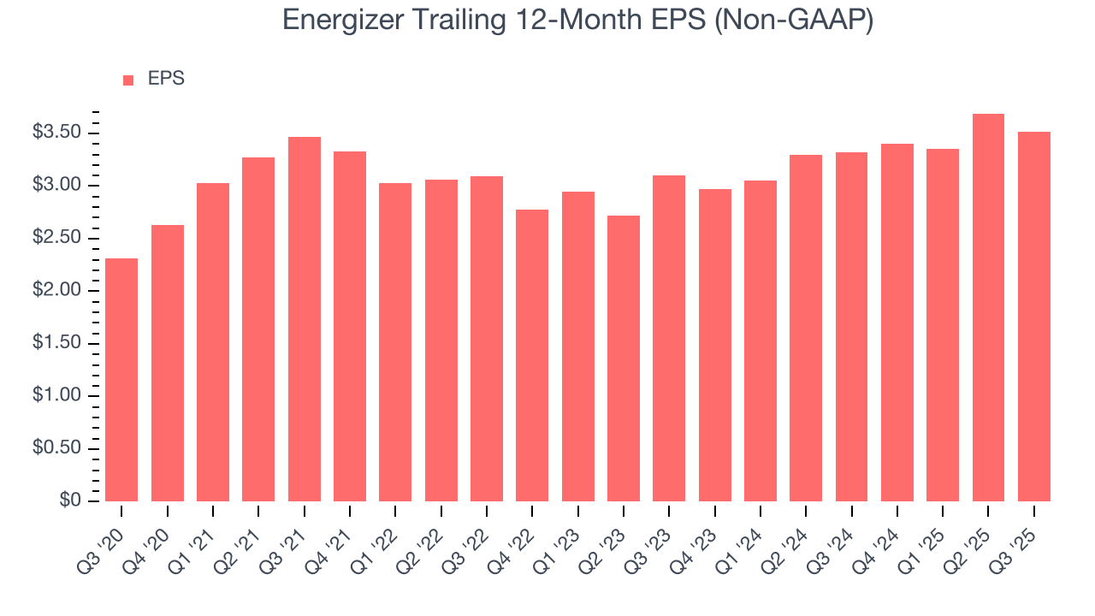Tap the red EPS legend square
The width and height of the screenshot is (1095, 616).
pyautogui.click(x=128, y=80)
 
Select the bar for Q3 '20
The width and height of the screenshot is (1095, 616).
pyautogui.click(x=121, y=380)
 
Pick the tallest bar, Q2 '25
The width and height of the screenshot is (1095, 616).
pyautogui.click(x=988, y=308)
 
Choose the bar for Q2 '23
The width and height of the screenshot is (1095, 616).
pyautogui.click(x=624, y=358)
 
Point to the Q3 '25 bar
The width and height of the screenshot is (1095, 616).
pyautogui.click(x=1033, y=317)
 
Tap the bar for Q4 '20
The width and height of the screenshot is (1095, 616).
pyautogui.click(x=167, y=363)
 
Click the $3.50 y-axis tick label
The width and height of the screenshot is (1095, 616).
pyautogui.click(x=56, y=133)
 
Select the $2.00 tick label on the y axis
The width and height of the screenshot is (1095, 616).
pyautogui.click(x=56, y=291)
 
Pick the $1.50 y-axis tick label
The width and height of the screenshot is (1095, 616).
pyautogui.click(x=56, y=343)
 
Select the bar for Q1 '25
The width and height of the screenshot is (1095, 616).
pyautogui.click(x=943, y=325)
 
